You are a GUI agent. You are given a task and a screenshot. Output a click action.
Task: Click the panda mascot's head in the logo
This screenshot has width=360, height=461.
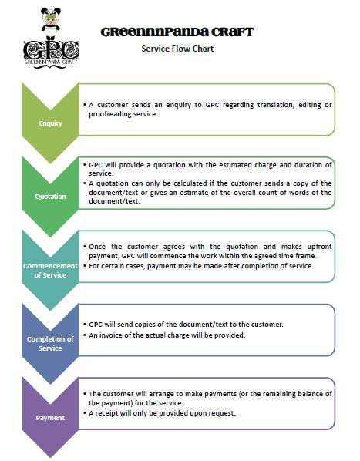pyautogui.click(x=51, y=16)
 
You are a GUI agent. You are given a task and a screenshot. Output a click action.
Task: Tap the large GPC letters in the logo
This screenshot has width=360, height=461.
pyautogui.click(x=51, y=50)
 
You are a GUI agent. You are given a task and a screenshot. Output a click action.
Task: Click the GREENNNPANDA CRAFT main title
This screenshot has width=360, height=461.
pyautogui.click(x=177, y=32)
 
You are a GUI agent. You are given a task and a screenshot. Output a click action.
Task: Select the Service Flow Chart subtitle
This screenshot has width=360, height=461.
pyautogui.click(x=177, y=49)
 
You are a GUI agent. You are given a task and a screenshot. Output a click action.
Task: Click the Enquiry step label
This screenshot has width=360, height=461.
pyautogui.click(x=51, y=123)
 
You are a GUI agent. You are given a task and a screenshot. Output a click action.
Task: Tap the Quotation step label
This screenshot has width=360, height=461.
pyautogui.click(x=51, y=197)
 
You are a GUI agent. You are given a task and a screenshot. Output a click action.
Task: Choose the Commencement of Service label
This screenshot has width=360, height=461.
pyautogui.click(x=50, y=270)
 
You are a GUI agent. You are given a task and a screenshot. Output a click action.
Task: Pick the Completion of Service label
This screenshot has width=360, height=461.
pyautogui.click(x=50, y=343)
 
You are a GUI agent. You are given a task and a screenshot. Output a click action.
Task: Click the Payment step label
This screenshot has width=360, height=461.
pyautogui.click(x=50, y=418)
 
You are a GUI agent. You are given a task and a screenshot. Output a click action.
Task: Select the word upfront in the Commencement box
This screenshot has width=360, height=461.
pyautogui.click(x=319, y=247)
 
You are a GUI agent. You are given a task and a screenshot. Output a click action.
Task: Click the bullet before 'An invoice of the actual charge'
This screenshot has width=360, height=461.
pyautogui.click(x=85, y=335)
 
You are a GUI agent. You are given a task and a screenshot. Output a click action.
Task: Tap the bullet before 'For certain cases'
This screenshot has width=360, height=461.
pyautogui.click(x=85, y=266)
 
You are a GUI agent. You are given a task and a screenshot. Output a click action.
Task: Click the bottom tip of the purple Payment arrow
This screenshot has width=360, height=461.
pyautogui.click(x=51, y=458)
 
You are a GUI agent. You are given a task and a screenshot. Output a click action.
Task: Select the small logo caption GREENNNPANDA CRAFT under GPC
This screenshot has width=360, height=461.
pyautogui.click(x=51, y=62)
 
